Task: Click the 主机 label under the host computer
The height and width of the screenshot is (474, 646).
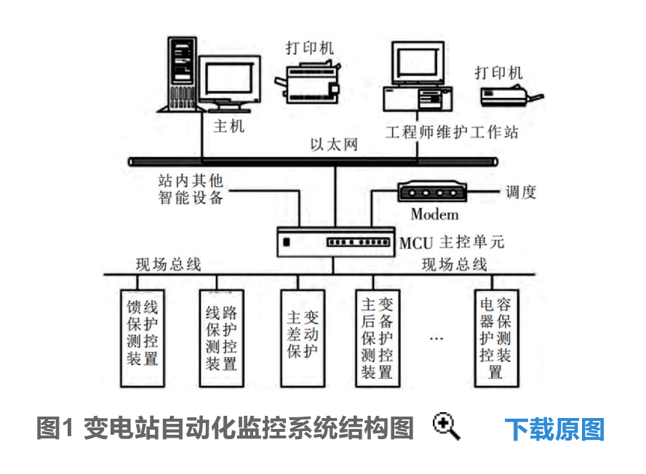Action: tap(228, 126)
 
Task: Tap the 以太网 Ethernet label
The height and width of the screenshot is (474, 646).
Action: tap(334, 145)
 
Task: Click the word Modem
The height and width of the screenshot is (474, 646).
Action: tap(434, 214)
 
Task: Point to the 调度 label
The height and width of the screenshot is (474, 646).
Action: tap(521, 192)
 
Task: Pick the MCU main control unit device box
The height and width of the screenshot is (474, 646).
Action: tap(336, 242)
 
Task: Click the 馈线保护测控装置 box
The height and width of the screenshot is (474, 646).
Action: tap(143, 339)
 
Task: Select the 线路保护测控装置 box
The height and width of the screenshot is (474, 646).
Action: tap(222, 339)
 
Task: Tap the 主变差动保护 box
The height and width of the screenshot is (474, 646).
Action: tap(303, 339)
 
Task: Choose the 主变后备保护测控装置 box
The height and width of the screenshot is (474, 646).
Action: tap(378, 339)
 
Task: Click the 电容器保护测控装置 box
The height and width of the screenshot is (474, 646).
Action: tap(496, 339)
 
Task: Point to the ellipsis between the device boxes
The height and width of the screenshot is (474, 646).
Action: tap(436, 339)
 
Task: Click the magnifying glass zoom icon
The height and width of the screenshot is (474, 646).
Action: tap(446, 427)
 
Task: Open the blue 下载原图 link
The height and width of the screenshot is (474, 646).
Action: tap(554, 429)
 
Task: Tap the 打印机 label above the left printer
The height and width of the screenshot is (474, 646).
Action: tap(310, 48)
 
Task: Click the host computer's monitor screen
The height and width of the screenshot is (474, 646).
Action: tap(228, 79)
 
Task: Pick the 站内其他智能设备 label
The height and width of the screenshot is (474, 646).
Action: tap(191, 189)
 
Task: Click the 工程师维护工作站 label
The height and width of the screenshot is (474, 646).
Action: tap(452, 132)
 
